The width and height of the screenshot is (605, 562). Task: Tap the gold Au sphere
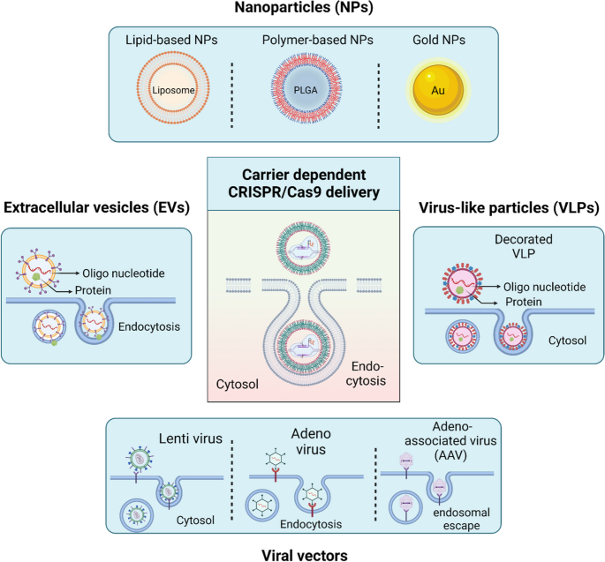(x=438, y=90)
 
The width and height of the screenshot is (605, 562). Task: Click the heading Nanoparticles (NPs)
(x=304, y=7)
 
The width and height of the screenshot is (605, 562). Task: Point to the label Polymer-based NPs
(x=318, y=40)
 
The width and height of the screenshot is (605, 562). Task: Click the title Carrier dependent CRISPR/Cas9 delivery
(x=304, y=184)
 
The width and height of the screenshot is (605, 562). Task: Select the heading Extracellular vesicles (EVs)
(x=96, y=207)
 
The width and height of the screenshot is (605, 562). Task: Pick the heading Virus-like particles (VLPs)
(x=509, y=207)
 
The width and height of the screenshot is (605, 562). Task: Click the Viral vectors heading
(x=305, y=556)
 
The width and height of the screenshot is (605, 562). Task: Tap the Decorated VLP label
(x=524, y=246)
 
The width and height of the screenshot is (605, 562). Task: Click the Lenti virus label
(x=191, y=438)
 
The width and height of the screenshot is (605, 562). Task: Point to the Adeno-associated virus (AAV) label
(x=450, y=440)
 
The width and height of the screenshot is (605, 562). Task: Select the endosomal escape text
(x=461, y=519)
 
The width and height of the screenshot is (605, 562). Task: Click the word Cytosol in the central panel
(x=238, y=384)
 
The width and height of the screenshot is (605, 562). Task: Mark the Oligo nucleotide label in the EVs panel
(x=124, y=274)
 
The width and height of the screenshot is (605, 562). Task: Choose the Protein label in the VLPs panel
(x=524, y=302)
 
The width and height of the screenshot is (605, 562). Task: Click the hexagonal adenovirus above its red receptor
(x=276, y=458)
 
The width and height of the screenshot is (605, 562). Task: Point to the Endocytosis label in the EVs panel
(x=149, y=326)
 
